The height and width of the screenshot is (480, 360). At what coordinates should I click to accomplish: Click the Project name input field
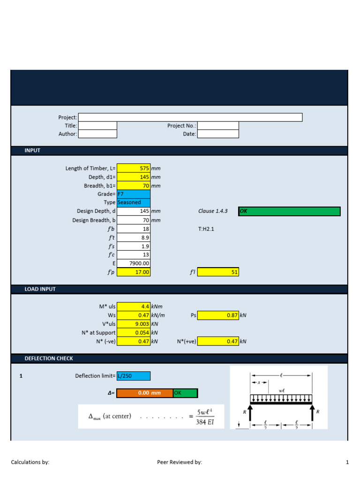point(190,117)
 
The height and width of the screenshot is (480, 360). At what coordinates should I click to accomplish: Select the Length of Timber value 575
point(134,168)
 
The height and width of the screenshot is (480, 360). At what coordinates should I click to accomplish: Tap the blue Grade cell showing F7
point(134,194)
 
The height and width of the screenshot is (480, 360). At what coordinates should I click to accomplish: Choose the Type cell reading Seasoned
point(134,202)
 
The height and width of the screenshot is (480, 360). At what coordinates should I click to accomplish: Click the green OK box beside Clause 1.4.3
point(289,211)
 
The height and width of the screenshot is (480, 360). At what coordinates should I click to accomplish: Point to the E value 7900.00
point(134,263)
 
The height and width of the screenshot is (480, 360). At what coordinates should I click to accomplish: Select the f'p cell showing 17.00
point(134,272)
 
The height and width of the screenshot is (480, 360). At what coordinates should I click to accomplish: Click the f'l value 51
point(218,272)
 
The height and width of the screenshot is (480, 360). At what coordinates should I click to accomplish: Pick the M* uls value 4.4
point(134,307)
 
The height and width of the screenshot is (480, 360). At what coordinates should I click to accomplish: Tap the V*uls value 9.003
point(134,324)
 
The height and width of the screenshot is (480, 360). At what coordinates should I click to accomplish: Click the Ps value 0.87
point(218,315)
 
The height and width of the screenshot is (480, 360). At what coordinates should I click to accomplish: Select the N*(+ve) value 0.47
point(218,341)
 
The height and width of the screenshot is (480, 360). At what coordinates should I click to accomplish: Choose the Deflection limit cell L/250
point(134,376)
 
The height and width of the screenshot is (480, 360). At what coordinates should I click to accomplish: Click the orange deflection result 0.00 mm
point(144,393)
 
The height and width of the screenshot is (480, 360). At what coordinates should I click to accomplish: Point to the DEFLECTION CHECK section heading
point(49,359)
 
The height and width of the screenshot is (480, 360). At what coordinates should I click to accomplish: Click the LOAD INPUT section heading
point(40,289)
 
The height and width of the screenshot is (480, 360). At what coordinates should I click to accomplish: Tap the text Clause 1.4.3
point(213,211)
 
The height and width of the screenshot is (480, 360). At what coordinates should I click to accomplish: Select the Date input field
point(218,134)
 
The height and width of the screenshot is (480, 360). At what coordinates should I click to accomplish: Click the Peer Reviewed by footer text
point(180,462)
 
